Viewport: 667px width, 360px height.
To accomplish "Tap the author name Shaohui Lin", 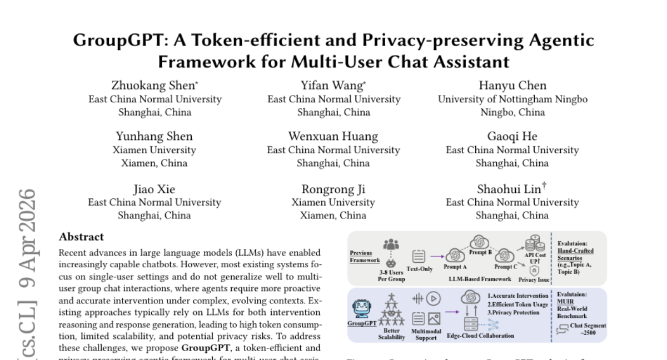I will coord(509,189).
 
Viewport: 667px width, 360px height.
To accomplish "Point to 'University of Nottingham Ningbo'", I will coord(512,99).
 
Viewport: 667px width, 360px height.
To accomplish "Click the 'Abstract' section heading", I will coord(81,237).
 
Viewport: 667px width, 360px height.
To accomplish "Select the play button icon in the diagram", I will coord(434,298).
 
